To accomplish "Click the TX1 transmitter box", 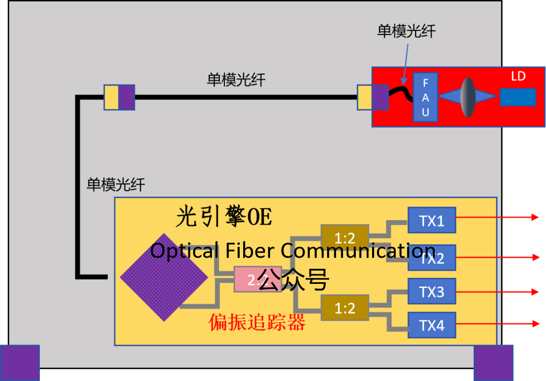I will point(432,220).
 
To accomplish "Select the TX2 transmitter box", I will point(432,258).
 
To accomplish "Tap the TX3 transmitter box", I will point(432,291).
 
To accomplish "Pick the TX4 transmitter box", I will point(432,325).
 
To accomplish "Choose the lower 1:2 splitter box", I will point(345,308).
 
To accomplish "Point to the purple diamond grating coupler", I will point(164,277).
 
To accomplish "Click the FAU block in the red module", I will point(425,97).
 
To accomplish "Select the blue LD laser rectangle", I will point(518,97).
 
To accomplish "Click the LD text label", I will point(518,76).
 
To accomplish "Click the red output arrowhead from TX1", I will point(535,217).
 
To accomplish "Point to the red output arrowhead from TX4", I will point(535,323).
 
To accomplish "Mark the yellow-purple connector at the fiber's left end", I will point(119,97).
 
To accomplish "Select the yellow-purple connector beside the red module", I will point(373,98).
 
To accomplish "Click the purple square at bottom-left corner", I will point(20,362).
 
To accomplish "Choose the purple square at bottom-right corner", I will point(493,362).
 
